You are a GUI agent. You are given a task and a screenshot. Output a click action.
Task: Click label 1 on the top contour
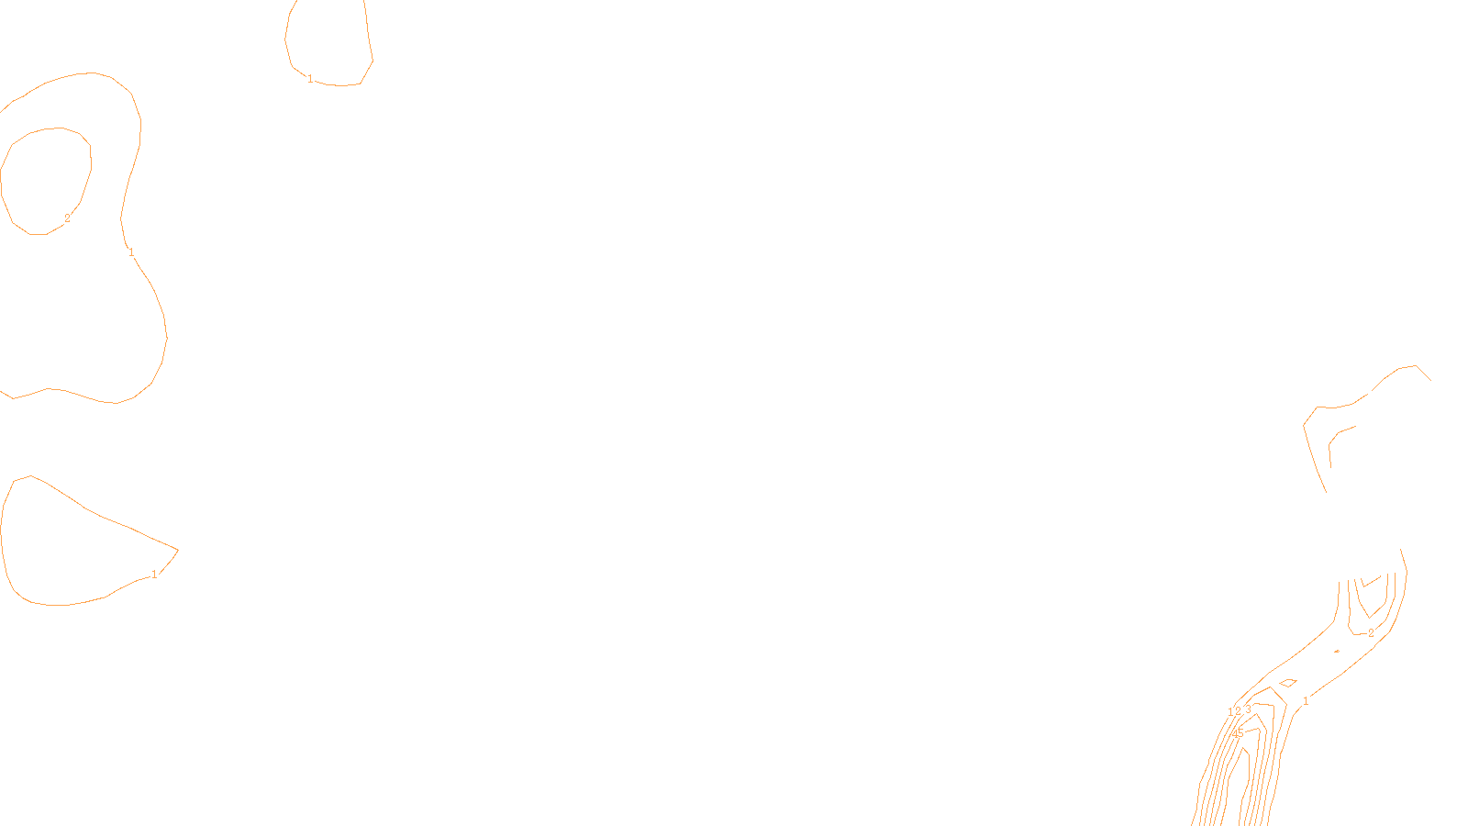click(310, 79)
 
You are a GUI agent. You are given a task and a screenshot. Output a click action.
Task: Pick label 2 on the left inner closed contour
click(67, 218)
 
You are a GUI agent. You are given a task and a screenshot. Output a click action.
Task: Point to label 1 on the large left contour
click(131, 252)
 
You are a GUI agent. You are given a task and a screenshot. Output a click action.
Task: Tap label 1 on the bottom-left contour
click(154, 575)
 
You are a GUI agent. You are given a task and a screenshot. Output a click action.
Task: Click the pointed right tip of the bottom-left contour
click(177, 550)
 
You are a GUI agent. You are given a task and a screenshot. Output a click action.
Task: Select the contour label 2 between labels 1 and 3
click(1238, 711)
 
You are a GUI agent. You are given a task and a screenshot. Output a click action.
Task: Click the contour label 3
click(1248, 709)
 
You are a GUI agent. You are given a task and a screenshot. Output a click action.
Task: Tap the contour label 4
click(1235, 734)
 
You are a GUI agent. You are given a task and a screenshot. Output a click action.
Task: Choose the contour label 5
click(1241, 732)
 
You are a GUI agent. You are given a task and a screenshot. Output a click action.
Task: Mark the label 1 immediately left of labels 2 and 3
click(1230, 712)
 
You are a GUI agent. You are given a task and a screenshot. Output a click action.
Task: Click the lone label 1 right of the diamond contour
click(1306, 701)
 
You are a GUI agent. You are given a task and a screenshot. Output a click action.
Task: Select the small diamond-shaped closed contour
click(1287, 683)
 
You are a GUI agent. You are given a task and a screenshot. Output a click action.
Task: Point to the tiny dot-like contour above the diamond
click(1337, 651)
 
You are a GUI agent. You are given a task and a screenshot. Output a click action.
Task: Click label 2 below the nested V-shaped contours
click(1371, 633)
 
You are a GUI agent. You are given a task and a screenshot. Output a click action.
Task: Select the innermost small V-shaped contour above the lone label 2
click(1371, 581)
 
